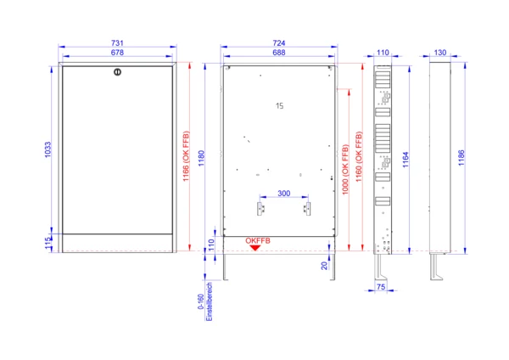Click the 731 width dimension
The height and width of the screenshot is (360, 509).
click(x=117, y=43)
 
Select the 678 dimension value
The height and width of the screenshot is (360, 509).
click(x=117, y=53)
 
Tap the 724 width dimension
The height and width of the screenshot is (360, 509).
click(x=279, y=43)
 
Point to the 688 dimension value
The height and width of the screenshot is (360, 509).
click(x=279, y=53)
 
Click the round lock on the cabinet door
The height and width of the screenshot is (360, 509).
click(x=118, y=72)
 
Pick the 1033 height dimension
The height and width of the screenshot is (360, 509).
click(x=48, y=149)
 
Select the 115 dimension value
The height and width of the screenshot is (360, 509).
click(x=48, y=244)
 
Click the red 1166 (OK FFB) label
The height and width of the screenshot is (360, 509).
click(x=186, y=156)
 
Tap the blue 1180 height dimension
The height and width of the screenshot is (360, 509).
click(x=202, y=158)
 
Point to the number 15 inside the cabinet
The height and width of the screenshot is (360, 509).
click(x=279, y=106)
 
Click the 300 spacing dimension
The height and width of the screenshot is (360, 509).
click(x=283, y=194)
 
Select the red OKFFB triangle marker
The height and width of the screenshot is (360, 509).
click(x=255, y=248)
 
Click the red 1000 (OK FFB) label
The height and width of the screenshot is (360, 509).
click(x=345, y=169)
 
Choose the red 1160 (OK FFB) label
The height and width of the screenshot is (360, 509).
click(x=359, y=156)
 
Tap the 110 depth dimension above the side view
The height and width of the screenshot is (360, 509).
click(x=383, y=53)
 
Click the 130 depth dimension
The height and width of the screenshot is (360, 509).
click(x=439, y=53)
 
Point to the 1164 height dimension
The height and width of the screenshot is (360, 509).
click(x=406, y=160)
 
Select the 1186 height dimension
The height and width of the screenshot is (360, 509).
click(x=461, y=158)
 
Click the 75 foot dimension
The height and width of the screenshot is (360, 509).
click(x=381, y=287)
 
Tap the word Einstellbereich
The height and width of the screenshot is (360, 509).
click(x=210, y=301)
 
